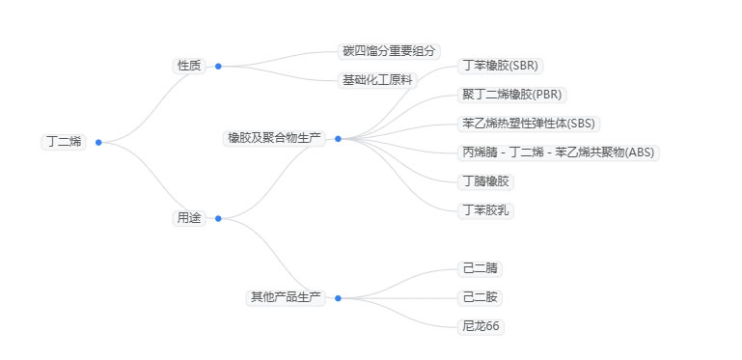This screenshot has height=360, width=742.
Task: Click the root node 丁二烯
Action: click(x=64, y=142)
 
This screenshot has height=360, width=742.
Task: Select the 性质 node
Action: click(x=189, y=66)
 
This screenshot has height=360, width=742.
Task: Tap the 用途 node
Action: click(x=189, y=218)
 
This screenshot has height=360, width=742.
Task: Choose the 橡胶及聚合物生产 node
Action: click(x=274, y=138)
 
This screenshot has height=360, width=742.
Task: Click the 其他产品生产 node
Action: click(x=286, y=297)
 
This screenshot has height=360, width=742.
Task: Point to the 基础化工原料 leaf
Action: click(x=377, y=80)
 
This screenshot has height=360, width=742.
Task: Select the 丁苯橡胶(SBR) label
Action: click(x=501, y=66)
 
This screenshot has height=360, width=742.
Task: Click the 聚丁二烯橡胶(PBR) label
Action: click(x=511, y=95)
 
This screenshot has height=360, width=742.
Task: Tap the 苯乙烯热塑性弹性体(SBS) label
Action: click(x=530, y=124)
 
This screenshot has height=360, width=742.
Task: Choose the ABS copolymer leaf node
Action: click(x=559, y=152)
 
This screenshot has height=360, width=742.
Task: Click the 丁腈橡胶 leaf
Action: click(x=485, y=181)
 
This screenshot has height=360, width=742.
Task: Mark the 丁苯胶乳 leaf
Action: click(x=485, y=210)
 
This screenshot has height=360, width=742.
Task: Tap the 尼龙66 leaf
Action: click(x=481, y=326)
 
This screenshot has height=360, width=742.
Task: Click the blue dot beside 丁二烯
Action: click(x=98, y=142)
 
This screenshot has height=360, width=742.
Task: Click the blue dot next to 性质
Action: click(x=218, y=66)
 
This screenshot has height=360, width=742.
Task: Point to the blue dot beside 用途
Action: click(x=218, y=218)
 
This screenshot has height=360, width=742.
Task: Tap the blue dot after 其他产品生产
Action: click(x=338, y=297)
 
